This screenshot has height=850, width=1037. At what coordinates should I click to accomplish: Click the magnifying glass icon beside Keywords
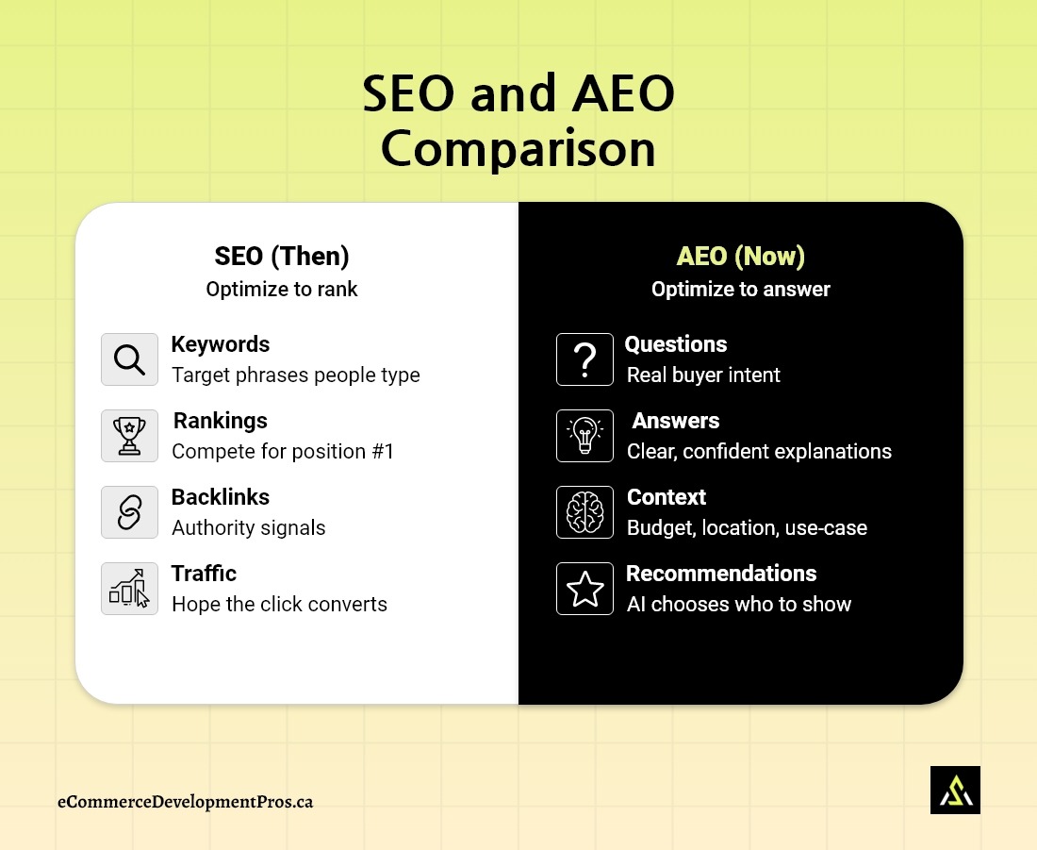pos(129,359)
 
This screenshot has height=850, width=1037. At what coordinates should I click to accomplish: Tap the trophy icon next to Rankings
pos(129,436)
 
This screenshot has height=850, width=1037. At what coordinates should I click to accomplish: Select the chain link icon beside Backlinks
pos(129,512)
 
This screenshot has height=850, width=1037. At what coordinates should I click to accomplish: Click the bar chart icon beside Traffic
pos(129,589)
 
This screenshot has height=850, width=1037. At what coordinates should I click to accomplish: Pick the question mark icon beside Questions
pos(584,359)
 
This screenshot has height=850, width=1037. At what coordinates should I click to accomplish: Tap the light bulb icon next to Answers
pos(584,436)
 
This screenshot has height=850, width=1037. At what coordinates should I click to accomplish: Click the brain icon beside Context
pos(584,512)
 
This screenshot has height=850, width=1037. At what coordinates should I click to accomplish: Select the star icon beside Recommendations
pos(584,589)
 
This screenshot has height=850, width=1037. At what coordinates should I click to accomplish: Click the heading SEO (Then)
pos(282,257)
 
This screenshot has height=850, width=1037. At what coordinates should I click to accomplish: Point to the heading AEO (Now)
pos(741,257)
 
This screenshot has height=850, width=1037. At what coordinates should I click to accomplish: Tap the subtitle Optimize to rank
pos(282,290)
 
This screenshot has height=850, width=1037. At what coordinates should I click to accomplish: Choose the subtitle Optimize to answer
pos(741,290)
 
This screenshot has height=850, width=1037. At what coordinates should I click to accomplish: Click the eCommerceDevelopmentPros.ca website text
pos(185,802)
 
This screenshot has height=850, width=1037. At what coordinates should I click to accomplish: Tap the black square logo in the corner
pos(955,790)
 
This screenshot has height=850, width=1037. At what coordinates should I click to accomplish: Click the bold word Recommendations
pos(721,574)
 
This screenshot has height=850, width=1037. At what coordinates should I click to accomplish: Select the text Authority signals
pos(249,527)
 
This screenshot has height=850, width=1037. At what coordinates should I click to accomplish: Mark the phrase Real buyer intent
pos(703,375)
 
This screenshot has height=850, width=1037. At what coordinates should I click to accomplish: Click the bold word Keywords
pos(221,344)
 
